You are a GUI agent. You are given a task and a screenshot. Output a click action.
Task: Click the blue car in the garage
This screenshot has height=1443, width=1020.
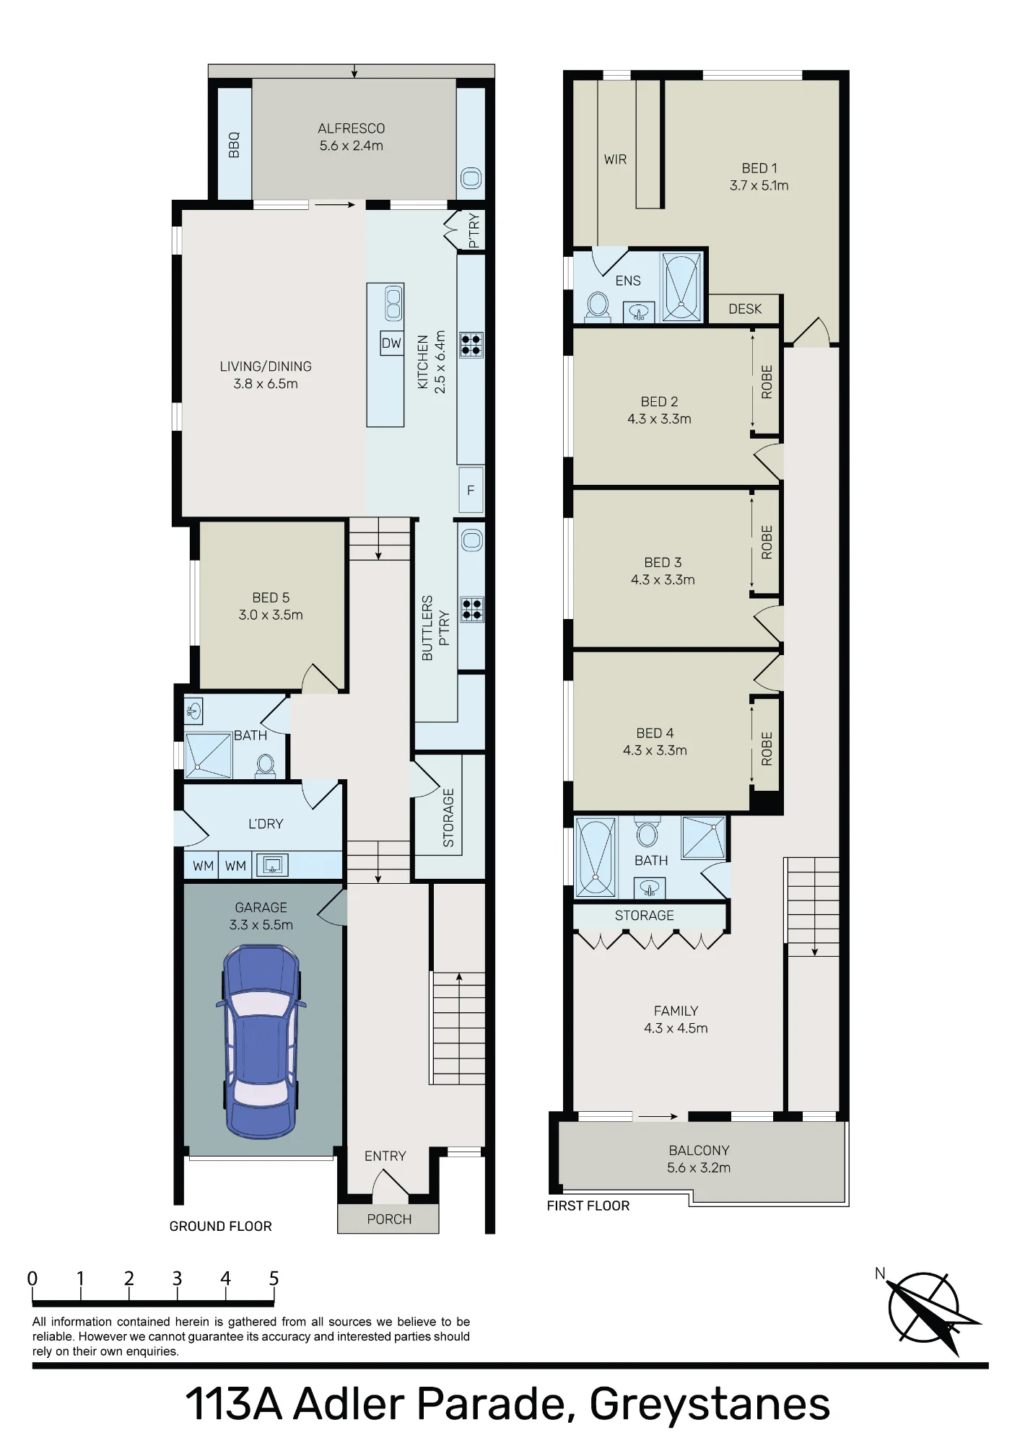click(x=261, y=1042)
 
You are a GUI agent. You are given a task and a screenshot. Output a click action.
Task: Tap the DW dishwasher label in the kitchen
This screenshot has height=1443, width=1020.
click(x=391, y=343)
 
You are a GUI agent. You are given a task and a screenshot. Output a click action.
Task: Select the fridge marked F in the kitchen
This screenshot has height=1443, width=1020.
click(x=471, y=491)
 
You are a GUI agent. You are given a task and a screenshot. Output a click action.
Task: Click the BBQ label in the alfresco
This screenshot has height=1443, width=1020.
click(x=233, y=145)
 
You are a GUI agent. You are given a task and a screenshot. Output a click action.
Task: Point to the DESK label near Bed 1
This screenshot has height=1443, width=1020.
click(x=745, y=309)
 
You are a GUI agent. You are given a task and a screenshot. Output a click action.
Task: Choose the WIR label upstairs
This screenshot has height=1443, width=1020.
click(x=615, y=159)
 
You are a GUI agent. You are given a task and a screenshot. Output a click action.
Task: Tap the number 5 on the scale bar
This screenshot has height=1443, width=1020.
click(x=274, y=1278)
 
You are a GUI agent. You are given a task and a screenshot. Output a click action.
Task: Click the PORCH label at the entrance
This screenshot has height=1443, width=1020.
click(x=389, y=1219)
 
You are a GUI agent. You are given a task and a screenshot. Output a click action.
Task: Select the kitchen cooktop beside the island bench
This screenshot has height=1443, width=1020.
click(x=471, y=344)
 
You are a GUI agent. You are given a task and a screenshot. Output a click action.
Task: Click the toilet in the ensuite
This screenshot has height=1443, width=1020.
click(x=597, y=305)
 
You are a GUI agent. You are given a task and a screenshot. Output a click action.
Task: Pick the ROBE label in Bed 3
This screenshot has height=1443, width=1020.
click(x=767, y=543)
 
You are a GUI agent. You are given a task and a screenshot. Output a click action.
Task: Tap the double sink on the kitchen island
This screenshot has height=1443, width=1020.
click(x=393, y=303)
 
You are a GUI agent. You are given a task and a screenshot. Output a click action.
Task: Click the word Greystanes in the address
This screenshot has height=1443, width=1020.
click(x=710, y=1404)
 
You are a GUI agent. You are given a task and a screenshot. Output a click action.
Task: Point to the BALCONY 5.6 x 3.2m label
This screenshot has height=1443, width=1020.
click(x=699, y=1159)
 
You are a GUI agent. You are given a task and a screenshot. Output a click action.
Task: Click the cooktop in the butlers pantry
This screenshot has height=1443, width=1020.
click(x=472, y=610)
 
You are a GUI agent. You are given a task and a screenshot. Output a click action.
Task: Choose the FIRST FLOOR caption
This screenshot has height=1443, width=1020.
click(x=588, y=1206)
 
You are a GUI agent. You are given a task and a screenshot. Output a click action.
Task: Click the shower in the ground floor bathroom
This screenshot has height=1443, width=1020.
click(x=209, y=755)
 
